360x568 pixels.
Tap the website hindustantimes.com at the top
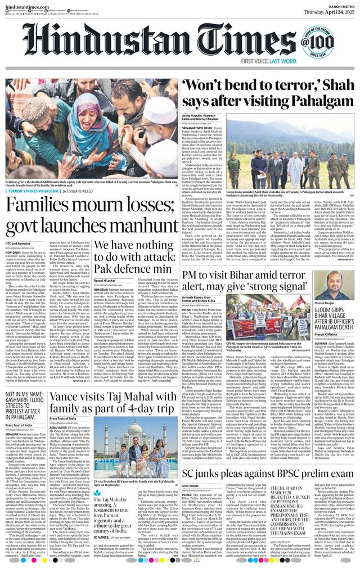coord(27,4)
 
